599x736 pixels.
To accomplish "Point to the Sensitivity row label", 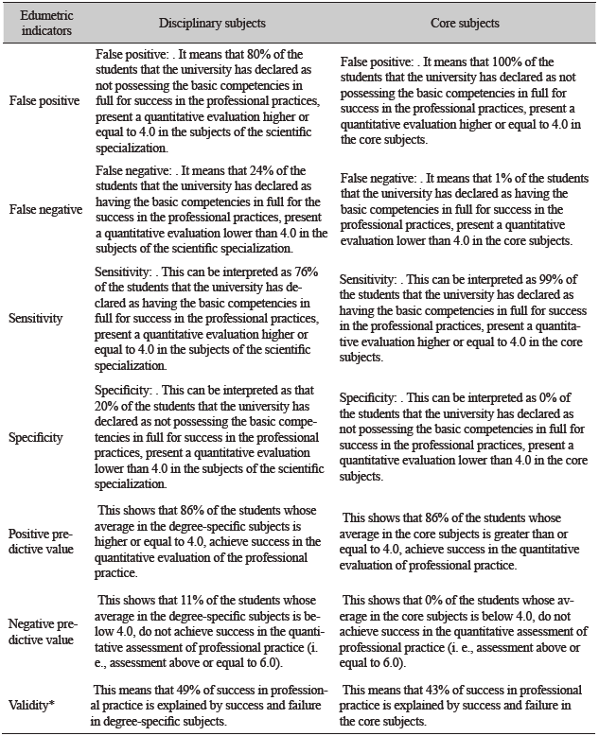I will (x=38, y=318).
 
